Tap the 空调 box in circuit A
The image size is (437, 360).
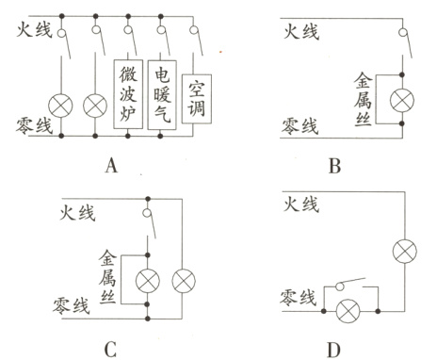[198, 99]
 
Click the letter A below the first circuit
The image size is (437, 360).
[111, 168]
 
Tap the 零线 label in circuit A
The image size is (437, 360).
[35, 124]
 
